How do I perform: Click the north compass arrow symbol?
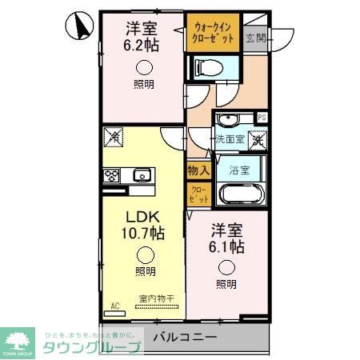point(81,26)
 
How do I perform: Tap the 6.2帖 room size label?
point(141,45)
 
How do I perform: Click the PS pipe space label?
point(262,118)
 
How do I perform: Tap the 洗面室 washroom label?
point(230,139)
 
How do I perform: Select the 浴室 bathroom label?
point(239,170)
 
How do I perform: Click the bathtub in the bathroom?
point(239,195)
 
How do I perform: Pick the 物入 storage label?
point(198,170)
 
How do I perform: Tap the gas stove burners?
point(110,176)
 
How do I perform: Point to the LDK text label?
point(142,216)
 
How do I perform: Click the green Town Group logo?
point(17,342)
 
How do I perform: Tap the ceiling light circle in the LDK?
point(144,255)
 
